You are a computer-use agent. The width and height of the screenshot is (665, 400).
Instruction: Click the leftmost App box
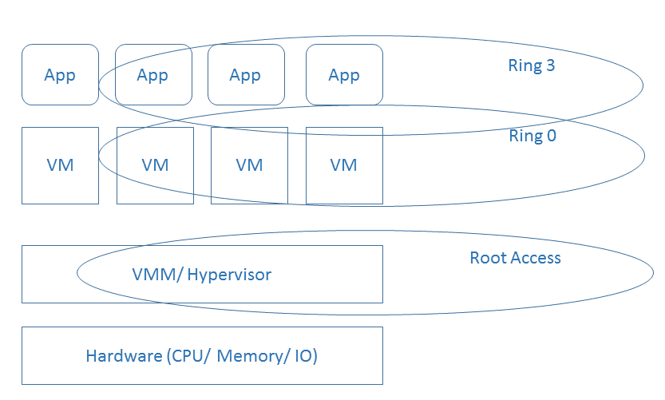[x=60, y=75]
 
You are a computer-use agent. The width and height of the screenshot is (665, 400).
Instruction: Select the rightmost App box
[x=344, y=75]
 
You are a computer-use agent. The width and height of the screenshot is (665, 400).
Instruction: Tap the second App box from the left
[x=152, y=75]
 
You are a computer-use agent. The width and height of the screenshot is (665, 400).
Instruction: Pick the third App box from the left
[x=245, y=75]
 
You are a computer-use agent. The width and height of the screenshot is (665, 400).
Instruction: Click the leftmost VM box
[x=60, y=165]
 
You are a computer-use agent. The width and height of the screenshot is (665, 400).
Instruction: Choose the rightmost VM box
[x=344, y=165]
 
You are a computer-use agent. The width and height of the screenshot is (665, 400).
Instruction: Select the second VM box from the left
[x=155, y=165]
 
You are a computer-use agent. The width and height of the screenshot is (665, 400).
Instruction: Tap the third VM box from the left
[x=249, y=165]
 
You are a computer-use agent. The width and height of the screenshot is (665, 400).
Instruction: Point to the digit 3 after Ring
[x=549, y=65]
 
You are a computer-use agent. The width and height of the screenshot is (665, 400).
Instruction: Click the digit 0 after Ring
[x=550, y=136]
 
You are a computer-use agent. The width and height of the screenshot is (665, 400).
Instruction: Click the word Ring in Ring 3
[x=524, y=66]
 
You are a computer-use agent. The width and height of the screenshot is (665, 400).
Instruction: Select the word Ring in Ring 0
[x=524, y=137]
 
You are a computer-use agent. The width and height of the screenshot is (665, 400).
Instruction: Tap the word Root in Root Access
[x=487, y=258]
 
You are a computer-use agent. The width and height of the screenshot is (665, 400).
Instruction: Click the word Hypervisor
[x=229, y=275]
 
